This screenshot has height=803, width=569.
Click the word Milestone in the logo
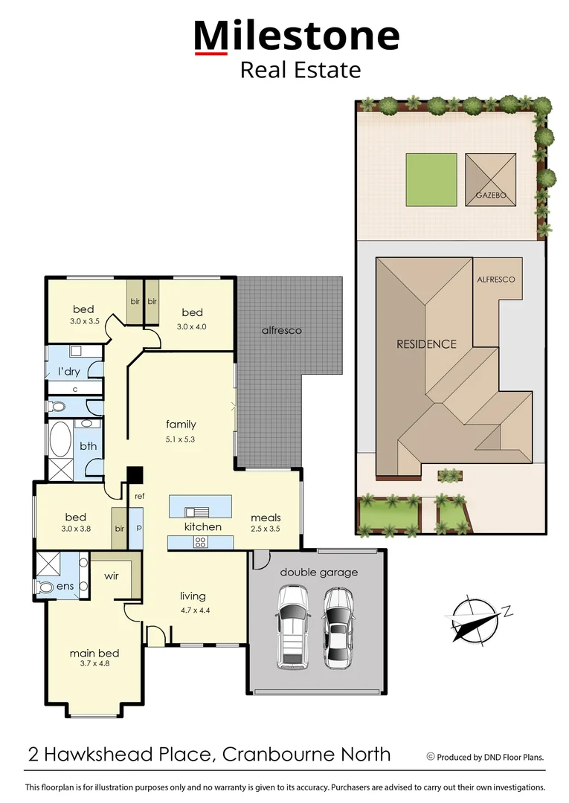(x=297, y=36)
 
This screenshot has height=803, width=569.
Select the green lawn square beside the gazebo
(x=431, y=179)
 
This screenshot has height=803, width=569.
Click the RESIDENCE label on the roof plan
(x=426, y=344)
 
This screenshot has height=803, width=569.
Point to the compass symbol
(x=477, y=618)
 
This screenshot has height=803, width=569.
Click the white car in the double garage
(x=292, y=625)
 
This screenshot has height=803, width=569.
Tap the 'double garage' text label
(x=318, y=572)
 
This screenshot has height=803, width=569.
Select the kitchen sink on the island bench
(x=199, y=512)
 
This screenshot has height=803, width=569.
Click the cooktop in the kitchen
(x=199, y=543)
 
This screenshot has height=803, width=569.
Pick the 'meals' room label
(x=266, y=517)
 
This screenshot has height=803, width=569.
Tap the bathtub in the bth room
(x=60, y=439)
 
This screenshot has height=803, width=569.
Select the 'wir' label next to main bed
(x=112, y=575)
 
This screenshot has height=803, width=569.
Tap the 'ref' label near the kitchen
(x=139, y=495)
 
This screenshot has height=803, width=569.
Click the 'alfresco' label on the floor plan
(x=281, y=330)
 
